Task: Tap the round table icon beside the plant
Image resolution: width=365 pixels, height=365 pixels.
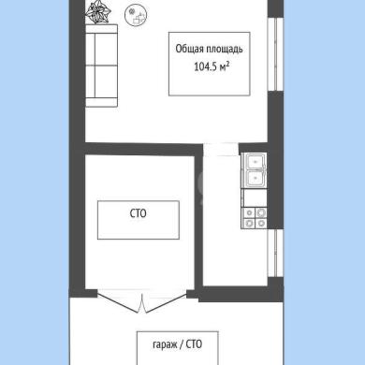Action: (x=136, y=15)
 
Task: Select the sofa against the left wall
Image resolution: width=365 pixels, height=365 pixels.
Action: (x=101, y=66)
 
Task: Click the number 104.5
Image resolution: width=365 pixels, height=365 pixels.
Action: (x=205, y=66)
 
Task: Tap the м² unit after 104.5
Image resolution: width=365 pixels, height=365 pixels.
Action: (x=225, y=66)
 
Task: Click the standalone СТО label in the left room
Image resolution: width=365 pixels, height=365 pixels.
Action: (x=138, y=213)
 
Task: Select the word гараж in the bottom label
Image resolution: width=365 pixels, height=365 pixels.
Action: (x=165, y=344)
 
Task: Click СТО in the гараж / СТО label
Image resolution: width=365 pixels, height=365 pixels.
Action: (x=194, y=344)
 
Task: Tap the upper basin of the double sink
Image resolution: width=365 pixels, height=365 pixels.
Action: (x=255, y=162)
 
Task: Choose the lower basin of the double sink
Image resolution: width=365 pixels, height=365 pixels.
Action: (x=255, y=179)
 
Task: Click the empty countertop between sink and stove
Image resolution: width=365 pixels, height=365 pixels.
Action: (x=255, y=198)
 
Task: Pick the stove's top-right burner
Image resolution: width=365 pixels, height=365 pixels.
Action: (x=261, y=213)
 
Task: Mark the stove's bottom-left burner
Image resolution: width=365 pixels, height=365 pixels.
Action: (x=249, y=223)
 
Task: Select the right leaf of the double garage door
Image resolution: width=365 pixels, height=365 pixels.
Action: (x=166, y=302)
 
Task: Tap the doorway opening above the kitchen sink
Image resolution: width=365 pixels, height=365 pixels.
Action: (x=221, y=149)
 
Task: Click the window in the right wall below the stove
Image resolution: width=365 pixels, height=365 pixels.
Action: (x=275, y=253)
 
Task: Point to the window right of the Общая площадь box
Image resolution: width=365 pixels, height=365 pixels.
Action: (x=275, y=54)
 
